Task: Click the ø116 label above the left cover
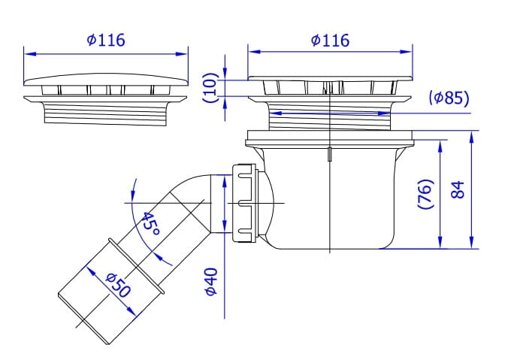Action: [x=106, y=40]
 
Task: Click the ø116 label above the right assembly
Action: [x=330, y=41]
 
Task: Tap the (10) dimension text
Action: [x=210, y=87]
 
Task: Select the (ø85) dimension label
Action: [x=449, y=98]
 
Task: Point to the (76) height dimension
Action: [x=426, y=194]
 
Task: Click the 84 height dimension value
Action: [x=458, y=189]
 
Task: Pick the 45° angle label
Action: [x=151, y=224]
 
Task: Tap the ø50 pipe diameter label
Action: [x=118, y=286]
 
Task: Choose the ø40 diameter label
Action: [x=211, y=282]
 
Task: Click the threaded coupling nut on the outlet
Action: [x=245, y=204]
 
